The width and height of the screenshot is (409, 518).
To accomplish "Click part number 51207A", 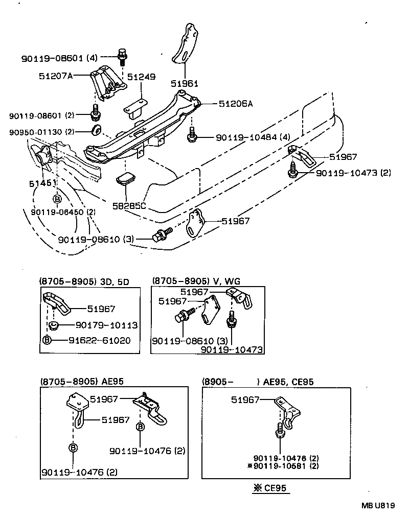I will [x=56, y=76].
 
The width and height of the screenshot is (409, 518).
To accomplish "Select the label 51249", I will [x=141, y=77].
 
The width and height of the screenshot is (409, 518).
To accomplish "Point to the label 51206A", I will [x=236, y=104].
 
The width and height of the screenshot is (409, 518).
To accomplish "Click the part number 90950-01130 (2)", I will [x=41, y=132].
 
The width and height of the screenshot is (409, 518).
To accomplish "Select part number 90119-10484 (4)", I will [x=253, y=138].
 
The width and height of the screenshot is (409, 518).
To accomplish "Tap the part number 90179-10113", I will [x=106, y=325].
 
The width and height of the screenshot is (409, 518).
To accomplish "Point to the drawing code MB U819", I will [x=378, y=506].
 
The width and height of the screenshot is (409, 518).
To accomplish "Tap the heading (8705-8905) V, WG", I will [x=196, y=281].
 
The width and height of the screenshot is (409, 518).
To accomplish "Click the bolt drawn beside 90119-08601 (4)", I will [x=122, y=56].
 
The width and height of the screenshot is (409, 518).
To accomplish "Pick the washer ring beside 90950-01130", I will [x=96, y=129].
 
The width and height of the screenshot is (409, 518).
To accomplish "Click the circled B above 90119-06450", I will [x=57, y=199].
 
